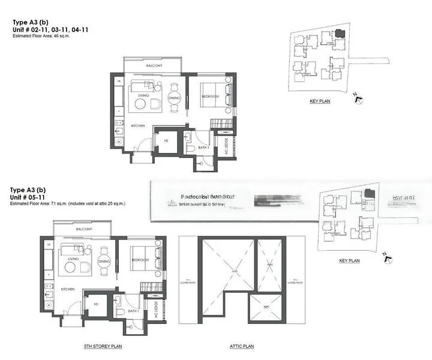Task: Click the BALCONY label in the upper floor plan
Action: click(154, 65)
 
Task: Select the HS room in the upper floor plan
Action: click(165, 141)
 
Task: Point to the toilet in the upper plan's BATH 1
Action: click(190, 146)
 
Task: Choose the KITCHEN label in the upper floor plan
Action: click(139, 125)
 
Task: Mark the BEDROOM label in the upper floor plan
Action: click(209, 97)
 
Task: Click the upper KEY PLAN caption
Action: click(320, 101)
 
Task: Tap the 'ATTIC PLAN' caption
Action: click(242, 346)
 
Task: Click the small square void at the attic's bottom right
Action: click(265, 307)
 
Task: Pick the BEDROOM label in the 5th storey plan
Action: click(140, 260)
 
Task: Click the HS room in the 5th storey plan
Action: click(95, 305)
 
